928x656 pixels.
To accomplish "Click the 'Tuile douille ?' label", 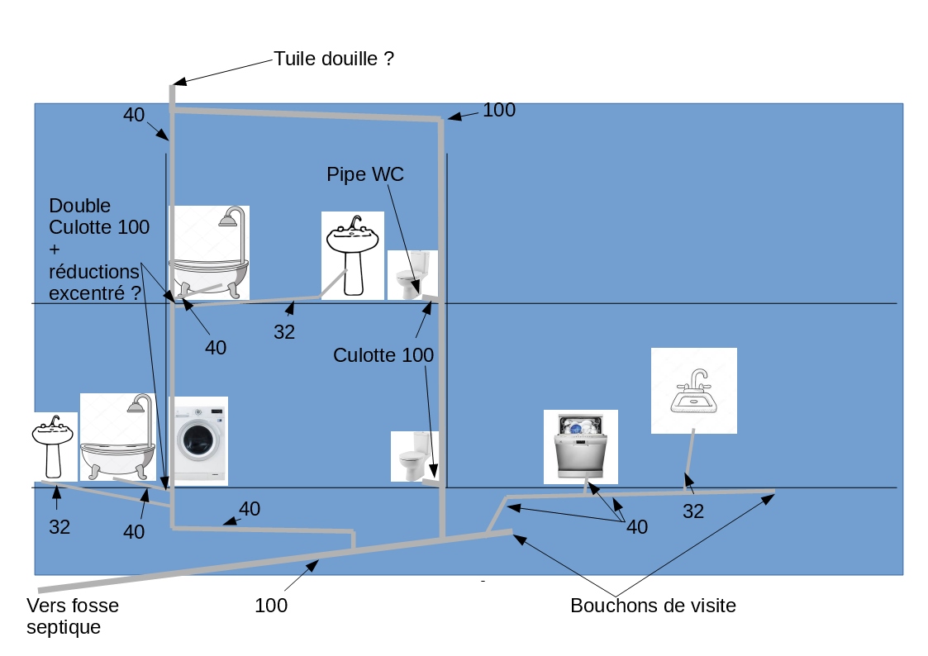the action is point(333,59).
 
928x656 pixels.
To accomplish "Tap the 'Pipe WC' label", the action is point(365,174).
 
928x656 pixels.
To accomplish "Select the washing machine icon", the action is point(198,440).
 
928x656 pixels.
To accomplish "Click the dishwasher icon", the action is point(581,447).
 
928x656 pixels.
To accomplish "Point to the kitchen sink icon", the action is point(693,391).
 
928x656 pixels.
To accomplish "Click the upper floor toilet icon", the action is point(412,275).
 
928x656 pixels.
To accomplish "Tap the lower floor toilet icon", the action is point(414,456).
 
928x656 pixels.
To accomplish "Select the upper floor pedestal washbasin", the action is point(353,255).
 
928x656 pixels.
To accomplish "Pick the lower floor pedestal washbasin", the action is point(54,447).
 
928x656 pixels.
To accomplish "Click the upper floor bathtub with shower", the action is point(210,252).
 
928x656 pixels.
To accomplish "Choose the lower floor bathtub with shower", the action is point(118,436).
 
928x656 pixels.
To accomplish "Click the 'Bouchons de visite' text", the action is point(654,605).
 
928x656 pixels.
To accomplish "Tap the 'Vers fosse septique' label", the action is point(72,616).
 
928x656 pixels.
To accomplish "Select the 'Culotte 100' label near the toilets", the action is point(383,355).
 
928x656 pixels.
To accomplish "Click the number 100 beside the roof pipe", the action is point(499,110).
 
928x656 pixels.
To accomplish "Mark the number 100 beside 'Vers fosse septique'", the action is point(271,605).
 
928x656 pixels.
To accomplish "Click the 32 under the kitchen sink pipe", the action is point(693,511).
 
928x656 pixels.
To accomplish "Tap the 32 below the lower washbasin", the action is point(59,526).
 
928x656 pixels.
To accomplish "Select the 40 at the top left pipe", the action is point(134,114).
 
